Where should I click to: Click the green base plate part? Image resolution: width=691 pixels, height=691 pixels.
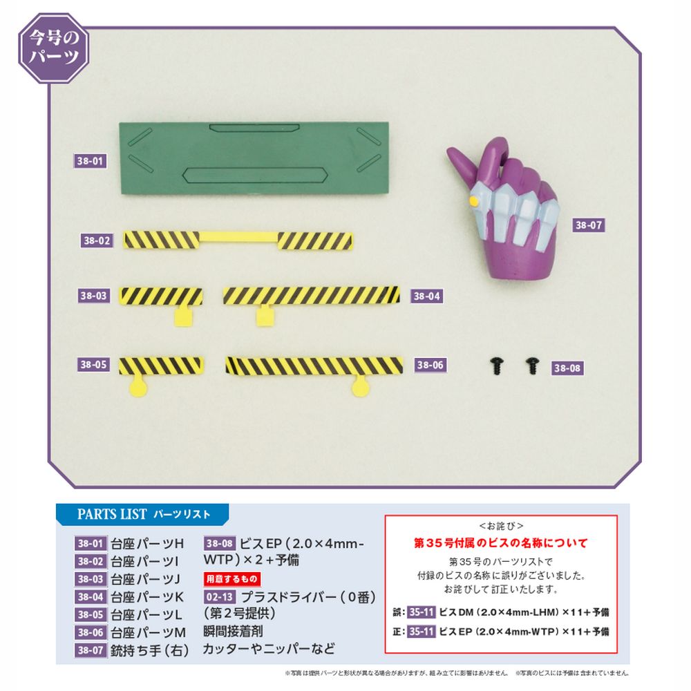pos(254,158)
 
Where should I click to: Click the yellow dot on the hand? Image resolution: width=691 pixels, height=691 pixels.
pos(474,201)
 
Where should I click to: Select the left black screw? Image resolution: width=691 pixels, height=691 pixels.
pos(497,366)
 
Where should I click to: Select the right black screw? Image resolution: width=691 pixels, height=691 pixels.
pos(532,366)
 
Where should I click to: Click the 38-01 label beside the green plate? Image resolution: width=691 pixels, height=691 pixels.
pos(90,161)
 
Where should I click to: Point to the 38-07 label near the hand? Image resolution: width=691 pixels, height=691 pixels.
pos(588,225)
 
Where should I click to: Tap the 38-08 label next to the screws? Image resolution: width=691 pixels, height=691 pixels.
pos(567,368)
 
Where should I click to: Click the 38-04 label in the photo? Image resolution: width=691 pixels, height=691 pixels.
pos(426,296)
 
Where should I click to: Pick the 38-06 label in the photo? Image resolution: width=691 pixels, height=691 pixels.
pos(430,365)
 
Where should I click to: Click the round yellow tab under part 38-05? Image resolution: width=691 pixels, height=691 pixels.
pos(138,388)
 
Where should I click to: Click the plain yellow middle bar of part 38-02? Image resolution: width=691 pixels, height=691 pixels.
pos(238,237)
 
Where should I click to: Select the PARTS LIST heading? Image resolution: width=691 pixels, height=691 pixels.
pos(144,514)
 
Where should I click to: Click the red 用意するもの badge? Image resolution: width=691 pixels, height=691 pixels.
pos(231,578)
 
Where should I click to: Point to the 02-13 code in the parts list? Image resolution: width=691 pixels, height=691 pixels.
pos(220,597)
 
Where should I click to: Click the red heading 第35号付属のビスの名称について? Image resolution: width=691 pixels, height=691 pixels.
pos(500,543)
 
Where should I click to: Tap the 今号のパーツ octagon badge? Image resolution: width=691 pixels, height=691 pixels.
pos(54,48)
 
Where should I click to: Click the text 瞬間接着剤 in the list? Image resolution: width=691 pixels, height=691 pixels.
pos(233,631)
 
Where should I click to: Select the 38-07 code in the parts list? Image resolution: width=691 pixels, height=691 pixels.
pos(91,650)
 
